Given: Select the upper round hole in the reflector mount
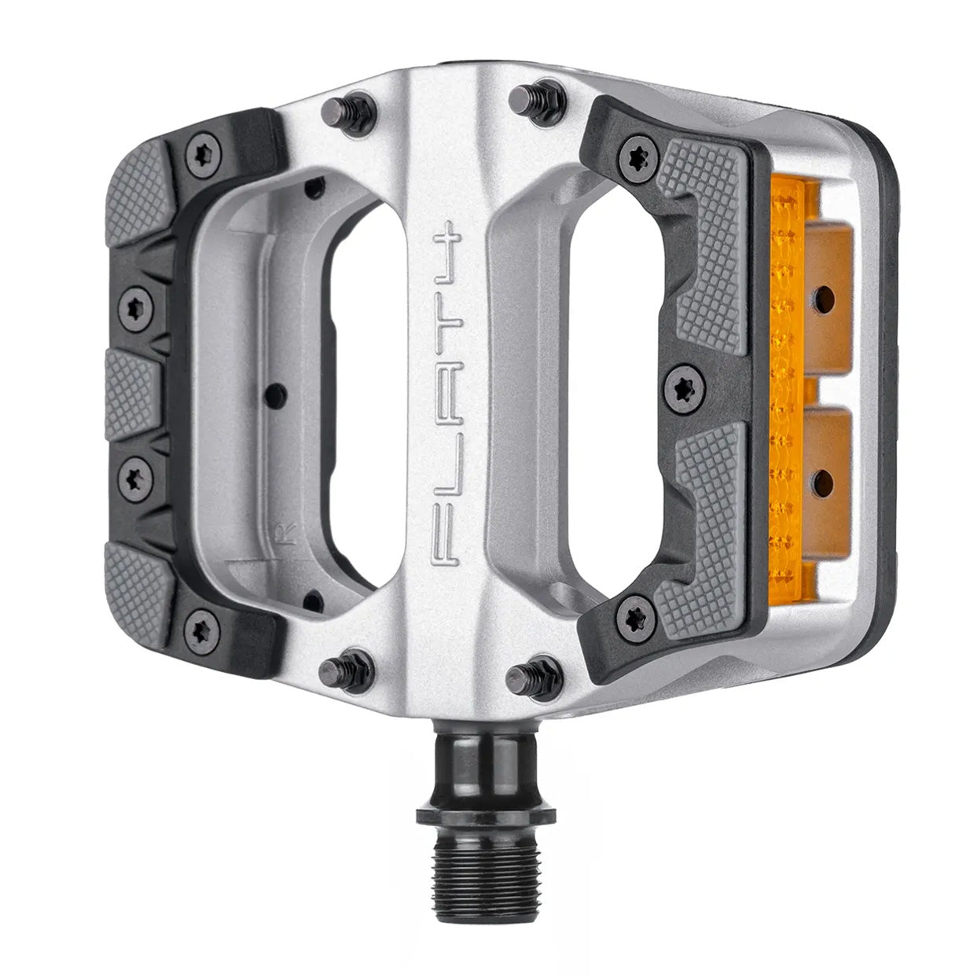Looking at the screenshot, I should (822, 297).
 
